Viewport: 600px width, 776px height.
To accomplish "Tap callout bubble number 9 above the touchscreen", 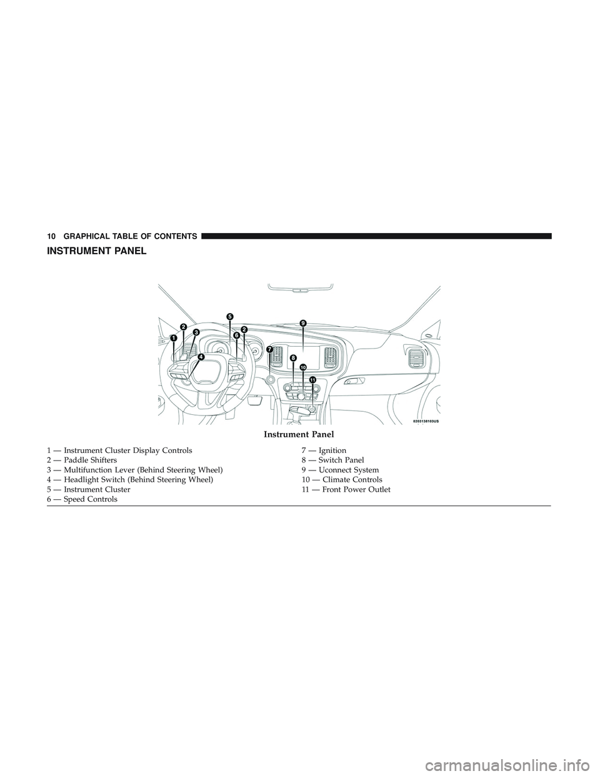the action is tap(302, 323).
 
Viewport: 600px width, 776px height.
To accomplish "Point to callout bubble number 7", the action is tap(270, 349).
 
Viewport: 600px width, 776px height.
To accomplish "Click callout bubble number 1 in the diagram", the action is tap(173, 337).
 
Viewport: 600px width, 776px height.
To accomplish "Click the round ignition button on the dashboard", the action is tap(271, 379).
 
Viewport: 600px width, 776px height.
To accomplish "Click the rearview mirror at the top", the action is tap(300, 289).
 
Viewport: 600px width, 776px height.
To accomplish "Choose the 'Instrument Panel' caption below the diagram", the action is tap(299, 435).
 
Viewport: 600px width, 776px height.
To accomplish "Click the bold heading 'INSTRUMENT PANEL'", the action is tap(96, 251).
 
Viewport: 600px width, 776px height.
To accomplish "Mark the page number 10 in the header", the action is tap(51, 236).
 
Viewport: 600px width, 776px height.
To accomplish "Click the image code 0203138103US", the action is tap(425, 421).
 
